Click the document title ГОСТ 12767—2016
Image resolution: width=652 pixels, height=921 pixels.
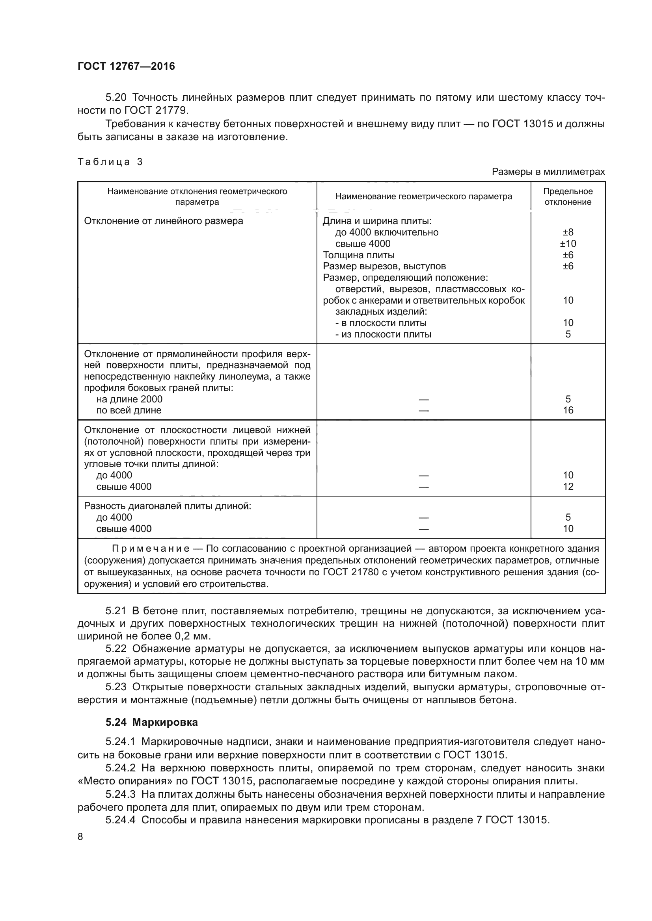click(x=126, y=66)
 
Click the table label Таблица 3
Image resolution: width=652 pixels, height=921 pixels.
click(x=110, y=162)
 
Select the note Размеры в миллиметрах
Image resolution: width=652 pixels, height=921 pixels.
click(x=548, y=172)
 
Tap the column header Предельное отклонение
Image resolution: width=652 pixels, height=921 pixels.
click(x=568, y=196)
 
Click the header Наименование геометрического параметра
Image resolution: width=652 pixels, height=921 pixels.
click(x=423, y=196)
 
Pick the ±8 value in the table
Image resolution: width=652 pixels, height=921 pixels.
click(x=568, y=232)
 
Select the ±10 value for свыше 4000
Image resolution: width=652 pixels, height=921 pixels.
click(x=568, y=243)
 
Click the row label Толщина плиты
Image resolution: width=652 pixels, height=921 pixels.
click(x=358, y=255)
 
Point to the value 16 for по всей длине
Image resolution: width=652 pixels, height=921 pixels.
click(x=568, y=410)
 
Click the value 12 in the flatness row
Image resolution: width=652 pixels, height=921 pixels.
click(x=568, y=487)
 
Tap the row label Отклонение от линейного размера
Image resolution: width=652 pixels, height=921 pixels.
click(x=164, y=221)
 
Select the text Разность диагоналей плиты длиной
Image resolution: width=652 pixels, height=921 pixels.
click(x=168, y=506)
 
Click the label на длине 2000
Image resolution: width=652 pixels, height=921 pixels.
click(x=129, y=399)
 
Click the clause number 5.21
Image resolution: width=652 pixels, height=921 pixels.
click(x=115, y=611)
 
